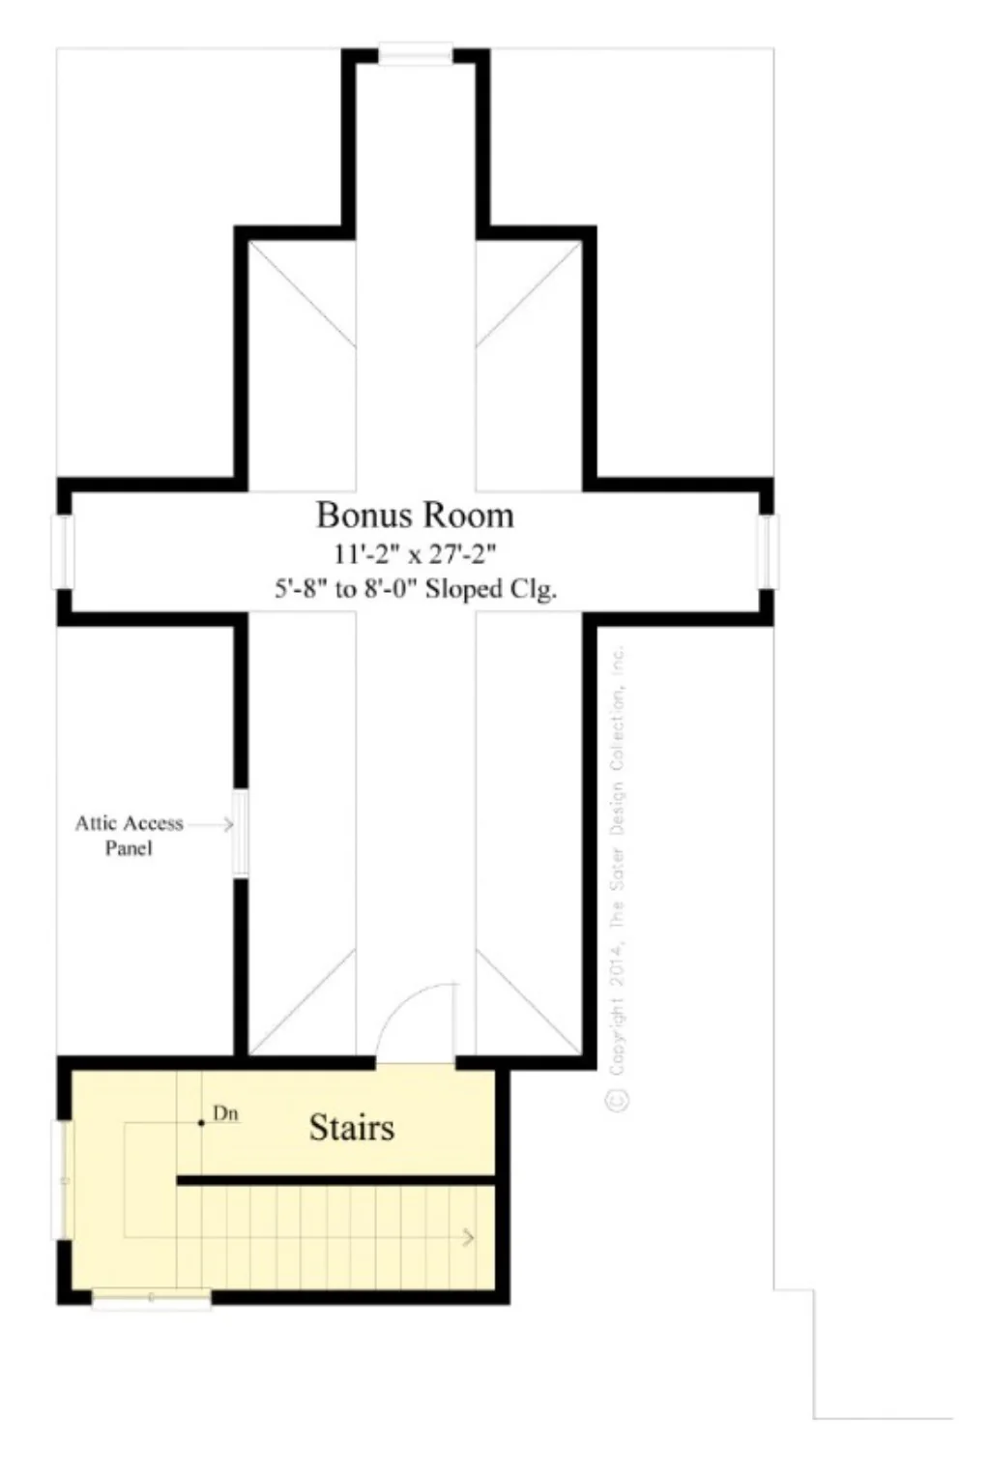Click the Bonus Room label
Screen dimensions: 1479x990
tap(415, 515)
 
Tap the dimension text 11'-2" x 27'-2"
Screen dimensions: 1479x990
tap(415, 554)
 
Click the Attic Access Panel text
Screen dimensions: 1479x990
tap(129, 835)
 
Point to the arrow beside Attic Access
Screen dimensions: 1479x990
tap(212, 824)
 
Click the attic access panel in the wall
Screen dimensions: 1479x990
tap(241, 834)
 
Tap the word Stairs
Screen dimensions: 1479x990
tap(351, 1127)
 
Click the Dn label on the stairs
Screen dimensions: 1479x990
tap(225, 1114)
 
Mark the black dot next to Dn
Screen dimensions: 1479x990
tap(201, 1123)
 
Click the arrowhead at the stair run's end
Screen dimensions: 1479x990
tap(469, 1237)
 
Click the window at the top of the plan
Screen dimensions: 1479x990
tap(415, 55)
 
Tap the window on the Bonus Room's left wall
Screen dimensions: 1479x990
tap(63, 551)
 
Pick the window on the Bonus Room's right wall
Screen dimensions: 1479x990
tap(767, 551)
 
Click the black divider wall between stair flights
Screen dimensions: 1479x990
tap(335, 1180)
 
